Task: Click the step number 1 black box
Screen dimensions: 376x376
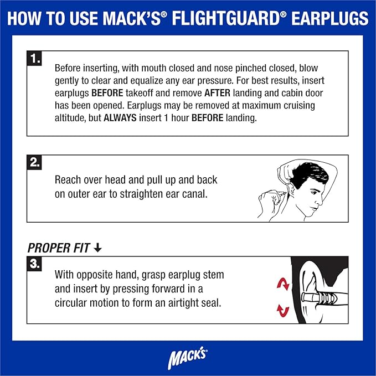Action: (34, 58)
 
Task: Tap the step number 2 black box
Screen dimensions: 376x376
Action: (34, 163)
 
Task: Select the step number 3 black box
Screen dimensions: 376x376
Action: (34, 264)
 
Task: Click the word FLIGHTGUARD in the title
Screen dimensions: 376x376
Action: (226, 18)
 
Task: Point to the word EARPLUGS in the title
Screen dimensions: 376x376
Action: (330, 18)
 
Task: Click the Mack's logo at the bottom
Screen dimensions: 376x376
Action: (188, 357)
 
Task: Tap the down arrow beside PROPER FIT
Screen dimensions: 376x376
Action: (97, 248)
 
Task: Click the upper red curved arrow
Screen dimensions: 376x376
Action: (283, 284)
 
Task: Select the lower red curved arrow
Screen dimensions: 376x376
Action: (283, 311)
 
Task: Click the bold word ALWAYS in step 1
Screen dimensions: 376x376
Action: (120, 118)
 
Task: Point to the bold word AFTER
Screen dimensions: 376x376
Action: (217, 93)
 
